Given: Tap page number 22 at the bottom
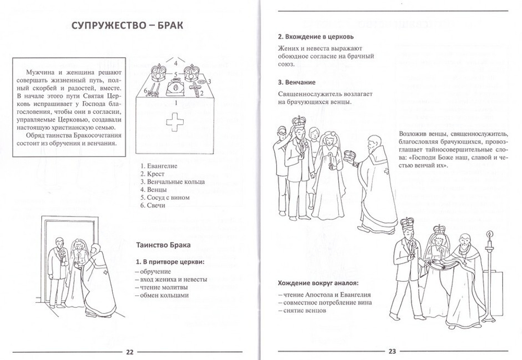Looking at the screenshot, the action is point(130,351).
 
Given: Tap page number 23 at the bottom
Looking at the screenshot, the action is point(392,351).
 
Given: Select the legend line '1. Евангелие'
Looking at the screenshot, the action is point(159,165).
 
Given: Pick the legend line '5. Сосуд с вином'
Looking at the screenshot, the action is point(165,198).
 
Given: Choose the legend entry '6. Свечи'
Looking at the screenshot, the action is point(153,206).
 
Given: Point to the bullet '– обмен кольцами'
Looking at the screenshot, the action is point(161,295).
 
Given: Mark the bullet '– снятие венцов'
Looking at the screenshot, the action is point(302,311).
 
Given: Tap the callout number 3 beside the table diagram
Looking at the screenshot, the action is point(209,81).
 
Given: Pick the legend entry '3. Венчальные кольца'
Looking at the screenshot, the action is point(172,182).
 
